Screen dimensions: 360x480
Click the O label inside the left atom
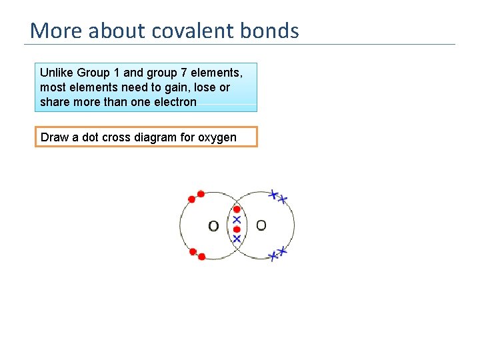213,226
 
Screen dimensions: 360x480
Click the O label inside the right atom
261,225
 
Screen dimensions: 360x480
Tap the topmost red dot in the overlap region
237,209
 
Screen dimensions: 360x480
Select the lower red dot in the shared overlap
237,229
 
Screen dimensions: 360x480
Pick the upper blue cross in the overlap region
236,219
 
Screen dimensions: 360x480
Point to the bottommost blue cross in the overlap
236,238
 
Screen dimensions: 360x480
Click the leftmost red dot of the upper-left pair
192,199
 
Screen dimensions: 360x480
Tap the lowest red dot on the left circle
201,256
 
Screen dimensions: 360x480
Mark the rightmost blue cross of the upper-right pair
283,199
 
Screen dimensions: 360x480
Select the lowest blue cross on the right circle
272,257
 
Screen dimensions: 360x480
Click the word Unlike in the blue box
57,72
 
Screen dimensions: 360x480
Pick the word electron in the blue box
175,102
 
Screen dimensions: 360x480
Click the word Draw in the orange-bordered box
55,137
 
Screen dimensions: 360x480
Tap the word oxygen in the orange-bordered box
217,137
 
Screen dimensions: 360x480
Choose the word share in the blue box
55,102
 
